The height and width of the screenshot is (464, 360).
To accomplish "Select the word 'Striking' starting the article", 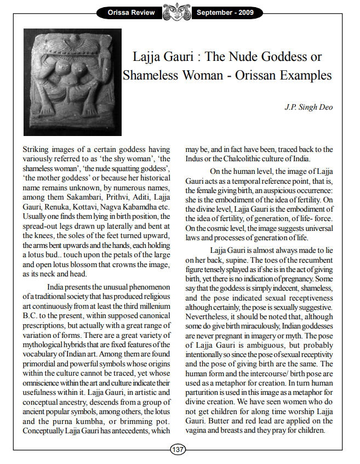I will [37, 150].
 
